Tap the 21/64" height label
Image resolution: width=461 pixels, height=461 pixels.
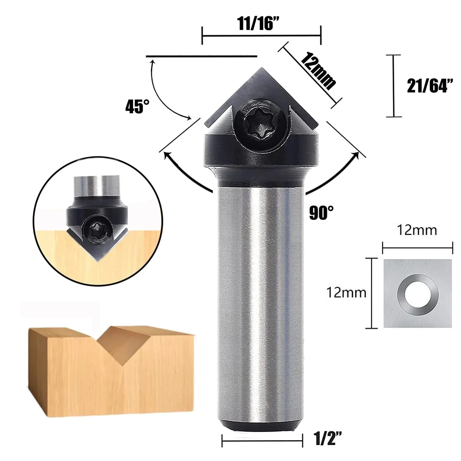430,86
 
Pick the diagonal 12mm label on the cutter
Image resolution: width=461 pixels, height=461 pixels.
318,71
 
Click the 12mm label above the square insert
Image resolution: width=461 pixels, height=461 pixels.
417,230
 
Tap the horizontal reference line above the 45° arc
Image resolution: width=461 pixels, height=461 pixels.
201,57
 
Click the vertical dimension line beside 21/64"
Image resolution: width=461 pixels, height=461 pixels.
394,86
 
